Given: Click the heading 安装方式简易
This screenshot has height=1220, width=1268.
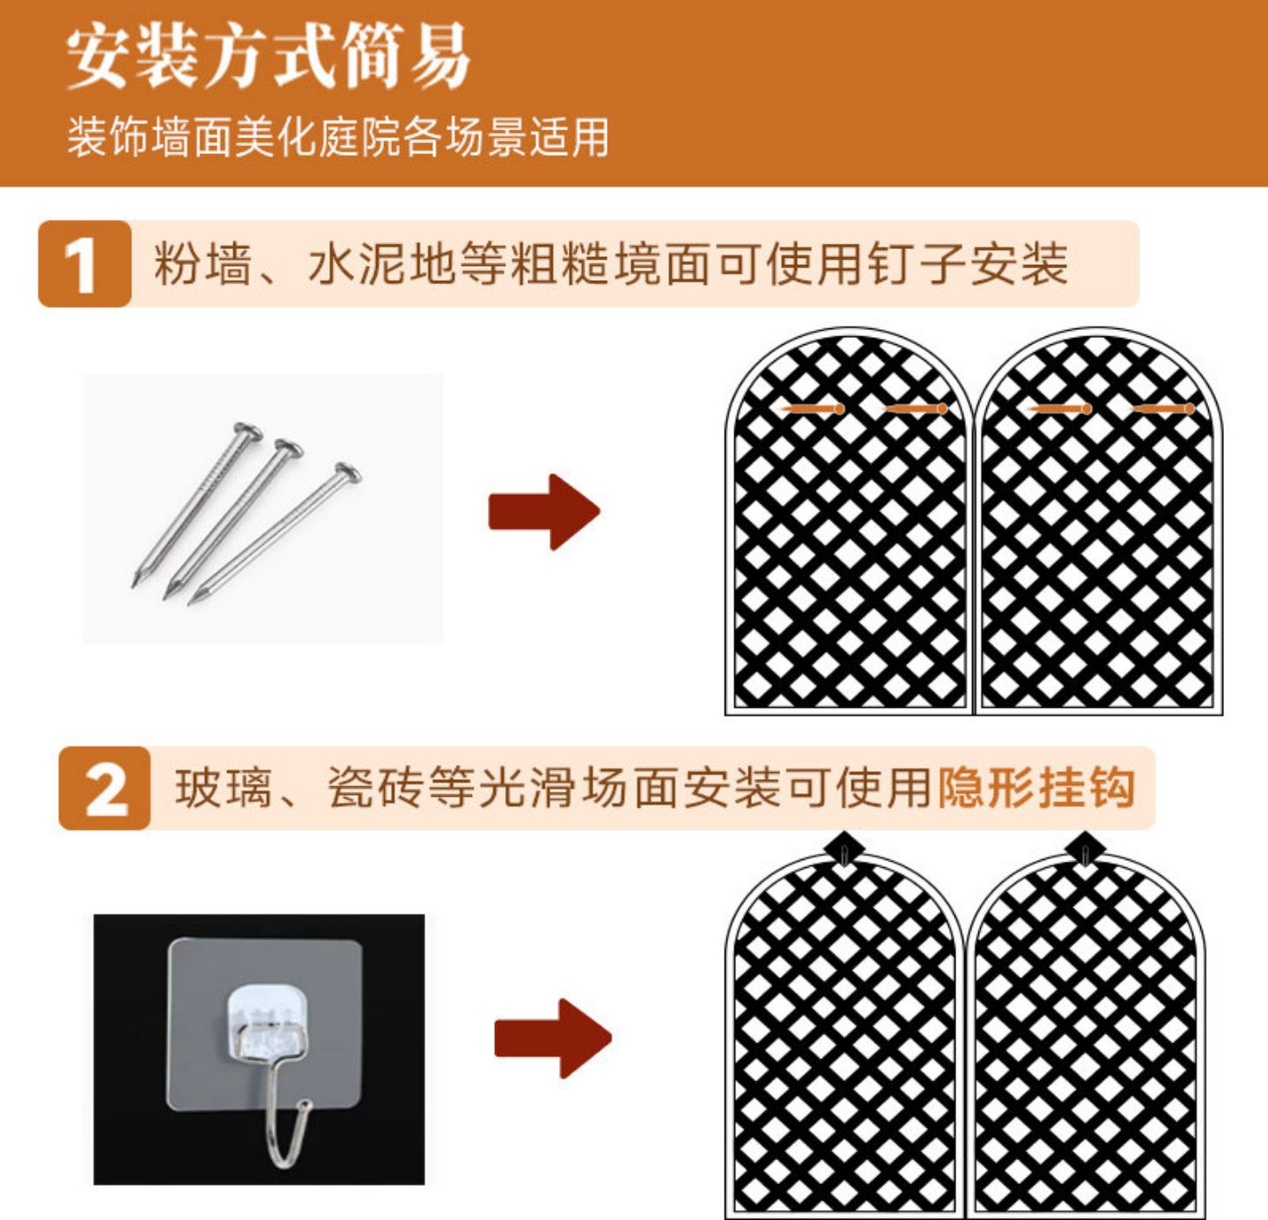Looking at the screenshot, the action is click(x=269, y=56).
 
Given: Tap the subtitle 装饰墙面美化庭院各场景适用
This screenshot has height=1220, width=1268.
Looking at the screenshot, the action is click(x=338, y=137).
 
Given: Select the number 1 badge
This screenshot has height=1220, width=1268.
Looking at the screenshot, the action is click(x=85, y=264).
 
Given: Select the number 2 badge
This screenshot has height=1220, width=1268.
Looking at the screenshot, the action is click(x=104, y=788).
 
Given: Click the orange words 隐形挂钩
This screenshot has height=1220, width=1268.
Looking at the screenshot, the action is click(x=1036, y=788).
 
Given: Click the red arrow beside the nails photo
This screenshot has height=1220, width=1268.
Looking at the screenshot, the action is click(x=544, y=512).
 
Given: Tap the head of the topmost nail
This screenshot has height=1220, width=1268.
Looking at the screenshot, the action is click(x=247, y=430).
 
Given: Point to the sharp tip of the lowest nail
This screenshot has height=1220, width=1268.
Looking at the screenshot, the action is click(x=190, y=602).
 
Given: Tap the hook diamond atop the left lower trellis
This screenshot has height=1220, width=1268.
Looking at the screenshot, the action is click(x=844, y=849).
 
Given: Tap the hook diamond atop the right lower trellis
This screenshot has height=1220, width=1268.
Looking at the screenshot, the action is click(x=1086, y=849).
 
